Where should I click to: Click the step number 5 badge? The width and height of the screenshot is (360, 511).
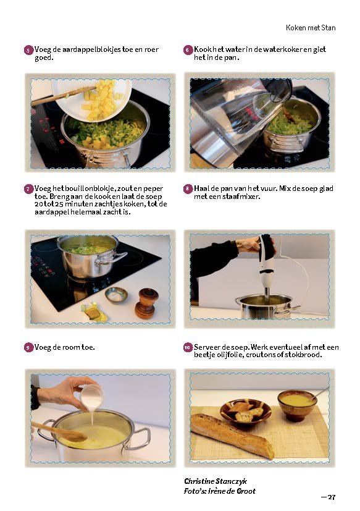click(28, 50)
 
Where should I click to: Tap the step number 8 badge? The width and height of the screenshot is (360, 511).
click(188, 189)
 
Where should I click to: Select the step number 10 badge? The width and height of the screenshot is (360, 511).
click(188, 348)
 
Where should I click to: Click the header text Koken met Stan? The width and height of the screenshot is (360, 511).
click(311, 28)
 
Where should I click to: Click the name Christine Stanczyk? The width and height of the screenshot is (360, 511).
click(216, 481)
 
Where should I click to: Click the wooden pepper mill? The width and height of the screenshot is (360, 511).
click(146, 303)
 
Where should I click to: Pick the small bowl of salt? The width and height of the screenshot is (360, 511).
click(116, 295)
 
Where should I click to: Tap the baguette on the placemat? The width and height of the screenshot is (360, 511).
click(232, 436)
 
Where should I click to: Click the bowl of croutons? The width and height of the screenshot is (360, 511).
click(245, 412)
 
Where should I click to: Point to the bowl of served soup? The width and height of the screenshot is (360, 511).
click(297, 405)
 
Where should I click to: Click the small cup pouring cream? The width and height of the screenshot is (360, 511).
click(91, 397)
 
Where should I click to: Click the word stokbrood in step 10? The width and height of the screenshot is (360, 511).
click(303, 355)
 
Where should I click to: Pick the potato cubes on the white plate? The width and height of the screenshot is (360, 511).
click(101, 99)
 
